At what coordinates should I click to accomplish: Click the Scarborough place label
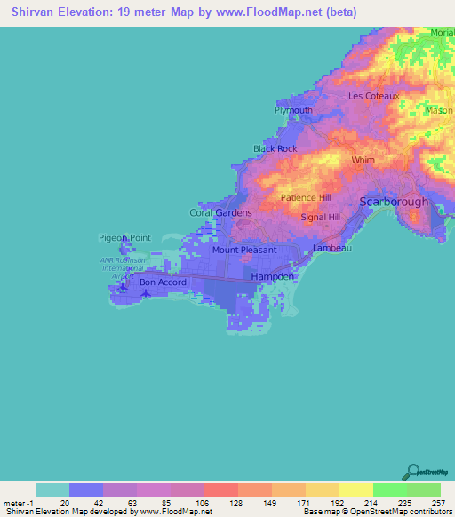pyautogui.click(x=394, y=202)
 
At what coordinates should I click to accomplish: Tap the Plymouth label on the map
pyautogui.click(x=292, y=110)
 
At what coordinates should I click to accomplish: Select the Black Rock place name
pyautogui.click(x=275, y=148)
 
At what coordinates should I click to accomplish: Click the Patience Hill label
pyautogui.click(x=306, y=198)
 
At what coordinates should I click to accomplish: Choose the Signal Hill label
pyautogui.click(x=321, y=217)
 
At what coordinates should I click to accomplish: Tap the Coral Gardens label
pyautogui.click(x=221, y=213)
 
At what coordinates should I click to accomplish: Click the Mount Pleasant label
pyautogui.click(x=244, y=250)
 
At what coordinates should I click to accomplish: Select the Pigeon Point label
pyautogui.click(x=119, y=238)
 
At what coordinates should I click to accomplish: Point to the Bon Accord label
pyautogui.click(x=163, y=282)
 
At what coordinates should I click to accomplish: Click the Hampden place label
pyautogui.click(x=272, y=277)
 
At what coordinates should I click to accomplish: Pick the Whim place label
pyautogui.click(x=363, y=161)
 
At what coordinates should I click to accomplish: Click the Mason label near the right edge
pyautogui.click(x=439, y=111)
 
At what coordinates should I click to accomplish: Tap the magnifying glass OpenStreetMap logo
pyautogui.click(x=413, y=472)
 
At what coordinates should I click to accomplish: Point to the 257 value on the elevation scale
pyautogui.click(x=440, y=503)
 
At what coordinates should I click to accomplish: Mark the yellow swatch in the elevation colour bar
pyautogui.click(x=355, y=489)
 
